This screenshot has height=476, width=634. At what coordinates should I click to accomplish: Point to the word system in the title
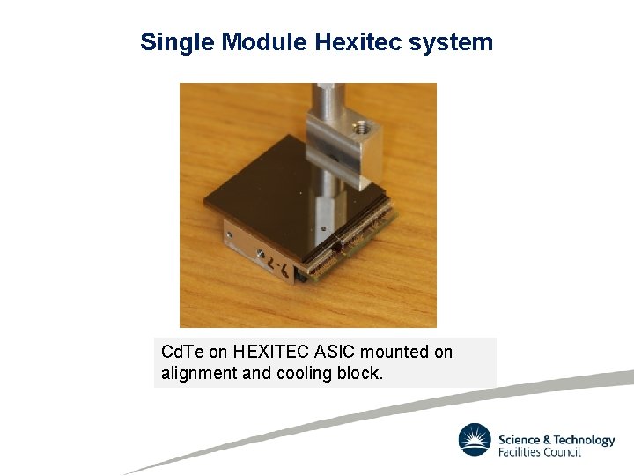[453, 42]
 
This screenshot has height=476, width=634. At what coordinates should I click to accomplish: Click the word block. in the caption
[360, 373]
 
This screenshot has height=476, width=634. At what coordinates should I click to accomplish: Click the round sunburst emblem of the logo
[475, 440]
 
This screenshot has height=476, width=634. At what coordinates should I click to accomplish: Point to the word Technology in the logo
[585, 440]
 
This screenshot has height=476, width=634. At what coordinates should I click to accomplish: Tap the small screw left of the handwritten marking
[262, 254]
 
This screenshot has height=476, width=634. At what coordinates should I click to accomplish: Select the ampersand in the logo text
[548, 440]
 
